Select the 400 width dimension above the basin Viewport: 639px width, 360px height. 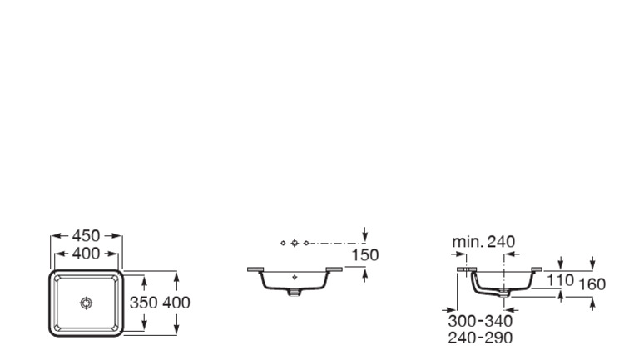coord(86,254)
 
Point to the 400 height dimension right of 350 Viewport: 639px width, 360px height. coord(176,303)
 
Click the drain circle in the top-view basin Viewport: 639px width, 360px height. coord(86,303)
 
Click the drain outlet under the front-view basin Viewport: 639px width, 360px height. coord(295,292)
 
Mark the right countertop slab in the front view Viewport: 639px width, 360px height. coord(334,269)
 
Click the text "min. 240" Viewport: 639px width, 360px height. coord(483,242)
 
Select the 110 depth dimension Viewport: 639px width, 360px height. coord(560,281)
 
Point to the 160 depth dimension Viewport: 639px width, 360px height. coord(592,284)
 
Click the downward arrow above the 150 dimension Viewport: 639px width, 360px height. coord(366,236)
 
